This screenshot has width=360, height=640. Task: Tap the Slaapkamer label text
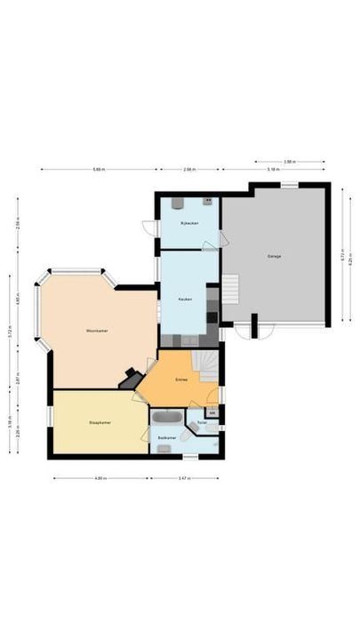pos(98,422)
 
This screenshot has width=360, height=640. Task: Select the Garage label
pos(275,256)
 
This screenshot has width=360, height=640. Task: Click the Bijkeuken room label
pos(188,222)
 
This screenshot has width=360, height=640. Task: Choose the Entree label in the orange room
pos(181,379)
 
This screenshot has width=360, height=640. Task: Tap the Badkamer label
pos(165,438)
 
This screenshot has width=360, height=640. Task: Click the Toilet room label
pos(202,423)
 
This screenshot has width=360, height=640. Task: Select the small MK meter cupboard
pos(212,412)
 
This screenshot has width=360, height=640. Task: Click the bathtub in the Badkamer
pos(167,416)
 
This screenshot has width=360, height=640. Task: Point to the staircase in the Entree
pos(208,363)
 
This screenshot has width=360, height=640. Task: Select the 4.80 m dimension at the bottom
pos(101,478)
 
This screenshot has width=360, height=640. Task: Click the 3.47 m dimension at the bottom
pos(184,478)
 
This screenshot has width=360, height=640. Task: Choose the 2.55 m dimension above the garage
pos(289,162)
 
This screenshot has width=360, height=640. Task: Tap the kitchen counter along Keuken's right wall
pos(212,307)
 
